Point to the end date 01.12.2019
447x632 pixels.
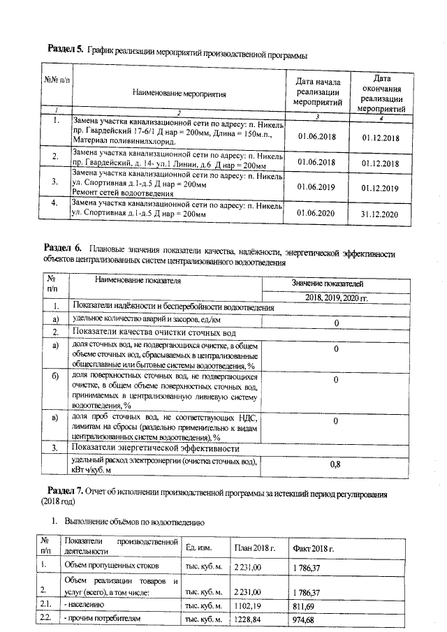(x=380, y=188)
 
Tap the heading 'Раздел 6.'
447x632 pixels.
(x=63, y=248)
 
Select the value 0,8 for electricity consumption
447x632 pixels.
(x=335, y=464)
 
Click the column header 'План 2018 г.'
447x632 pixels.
(x=255, y=547)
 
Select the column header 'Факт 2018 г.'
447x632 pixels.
(x=312, y=547)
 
